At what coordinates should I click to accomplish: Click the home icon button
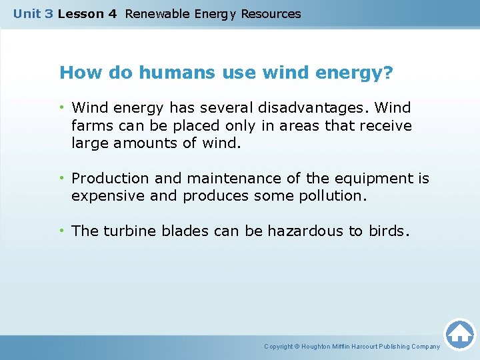click(459, 333)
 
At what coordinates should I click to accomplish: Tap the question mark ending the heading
click(389, 73)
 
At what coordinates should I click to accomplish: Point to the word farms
click(91, 125)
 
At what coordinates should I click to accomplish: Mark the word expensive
click(103, 196)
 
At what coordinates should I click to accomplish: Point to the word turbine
click(126, 231)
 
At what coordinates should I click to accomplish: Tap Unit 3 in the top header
click(33, 13)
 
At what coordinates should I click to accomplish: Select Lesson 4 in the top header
click(87, 13)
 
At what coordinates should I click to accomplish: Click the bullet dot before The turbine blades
click(62, 231)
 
